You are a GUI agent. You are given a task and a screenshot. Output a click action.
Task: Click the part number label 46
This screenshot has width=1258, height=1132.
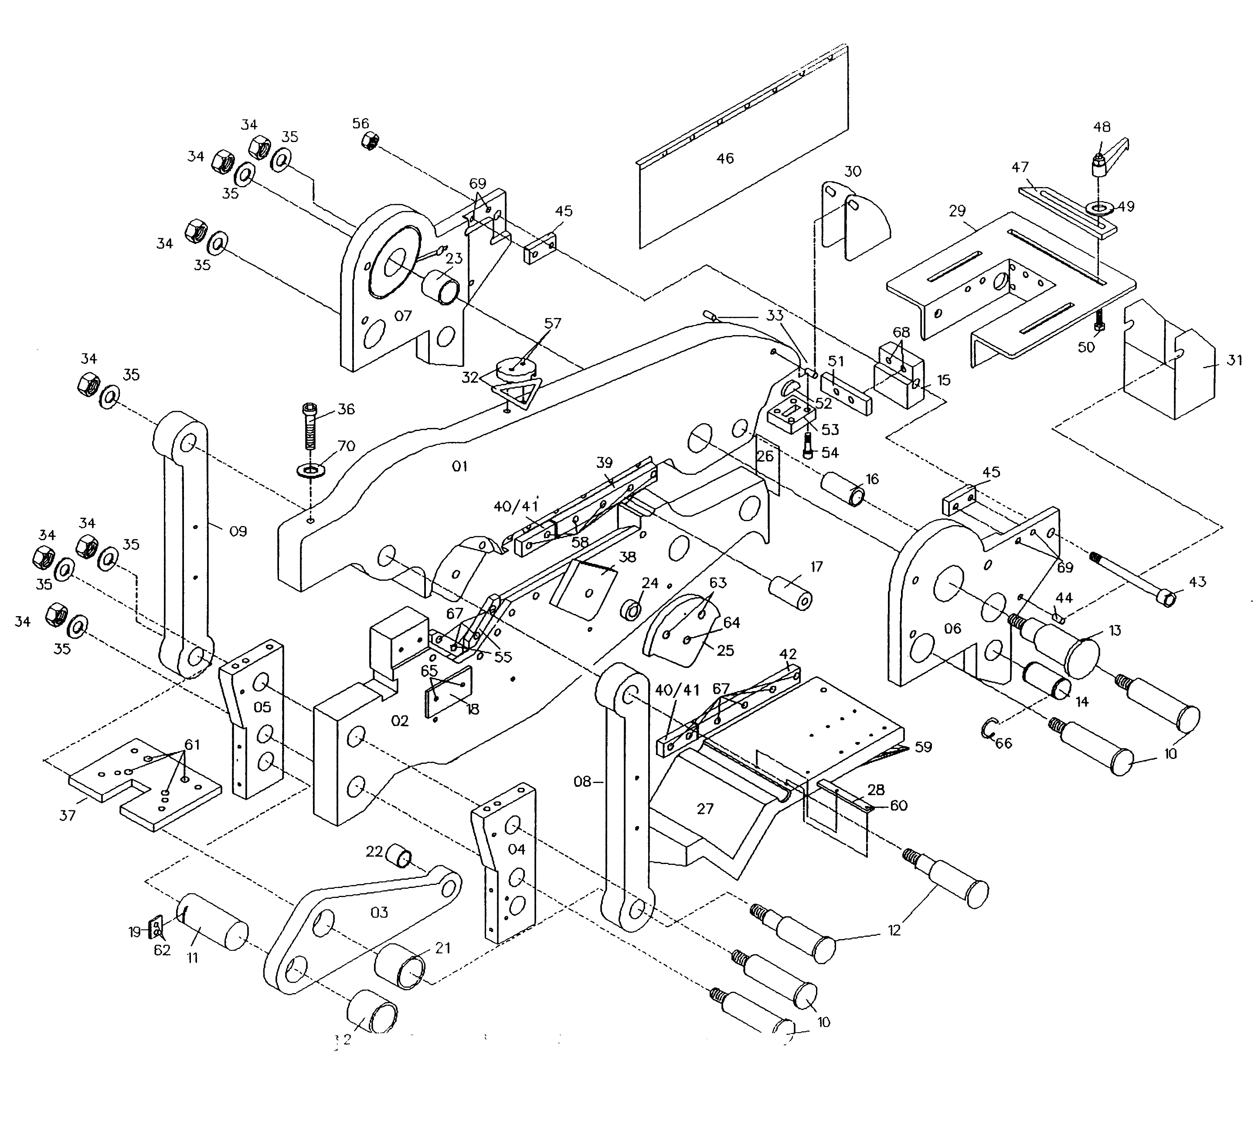[725, 159]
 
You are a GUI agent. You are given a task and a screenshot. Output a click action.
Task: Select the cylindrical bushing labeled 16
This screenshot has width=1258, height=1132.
[843, 489]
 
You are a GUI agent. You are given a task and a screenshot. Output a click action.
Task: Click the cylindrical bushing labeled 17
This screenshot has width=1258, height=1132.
[791, 593]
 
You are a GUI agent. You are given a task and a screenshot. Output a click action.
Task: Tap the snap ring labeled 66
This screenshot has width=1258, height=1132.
[988, 727]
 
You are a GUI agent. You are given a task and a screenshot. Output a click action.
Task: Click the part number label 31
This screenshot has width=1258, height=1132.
[1234, 360]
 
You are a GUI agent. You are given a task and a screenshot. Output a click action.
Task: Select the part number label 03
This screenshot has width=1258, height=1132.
[379, 912]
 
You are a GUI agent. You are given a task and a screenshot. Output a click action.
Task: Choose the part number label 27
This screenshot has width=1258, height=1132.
[705, 809]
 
